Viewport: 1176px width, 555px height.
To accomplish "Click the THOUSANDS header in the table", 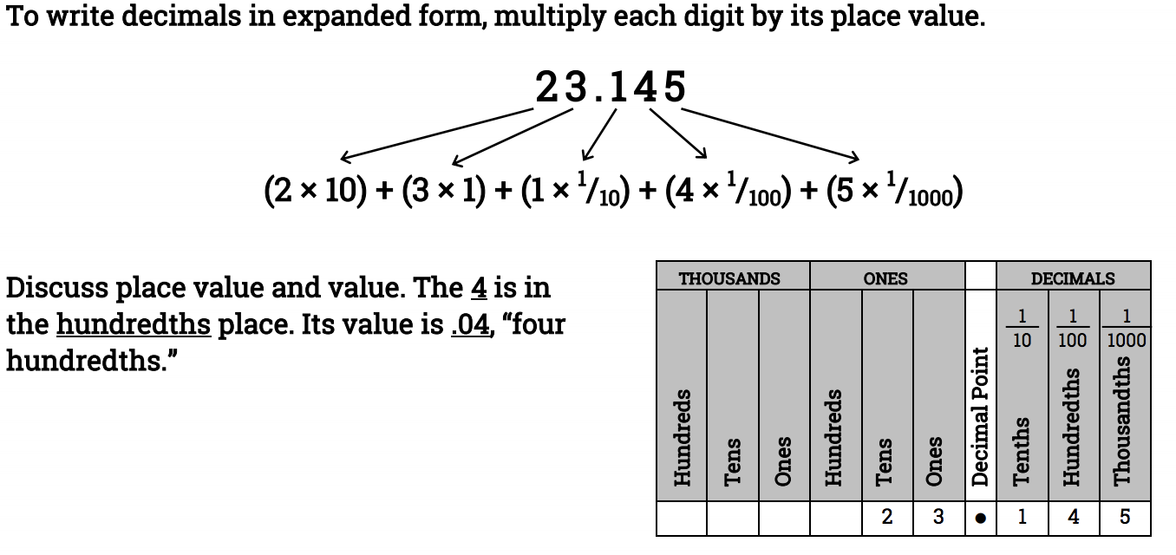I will click(x=729, y=278).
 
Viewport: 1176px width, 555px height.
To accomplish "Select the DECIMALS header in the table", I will click(x=1073, y=278).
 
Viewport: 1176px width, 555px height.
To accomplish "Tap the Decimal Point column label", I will click(x=980, y=416).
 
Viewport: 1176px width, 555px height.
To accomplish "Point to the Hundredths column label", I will click(x=1073, y=425).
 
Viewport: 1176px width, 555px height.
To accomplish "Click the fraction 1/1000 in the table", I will click(x=1126, y=329).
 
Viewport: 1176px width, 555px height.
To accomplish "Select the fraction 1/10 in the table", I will click(x=1022, y=329).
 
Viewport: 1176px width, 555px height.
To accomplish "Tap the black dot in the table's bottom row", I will click(x=980, y=519).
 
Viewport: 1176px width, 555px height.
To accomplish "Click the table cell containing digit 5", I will click(x=1125, y=518).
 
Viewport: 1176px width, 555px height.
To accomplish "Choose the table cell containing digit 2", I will click(x=886, y=518).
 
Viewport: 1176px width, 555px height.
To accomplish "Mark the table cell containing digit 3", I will click(x=938, y=518).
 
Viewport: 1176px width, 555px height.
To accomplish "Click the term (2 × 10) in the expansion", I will click(x=313, y=191).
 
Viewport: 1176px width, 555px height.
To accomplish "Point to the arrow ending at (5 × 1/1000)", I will click(x=770, y=134).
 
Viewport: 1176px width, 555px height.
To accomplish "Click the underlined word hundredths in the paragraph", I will click(x=134, y=324).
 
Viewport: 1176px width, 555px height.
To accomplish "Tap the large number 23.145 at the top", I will click(x=611, y=88).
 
